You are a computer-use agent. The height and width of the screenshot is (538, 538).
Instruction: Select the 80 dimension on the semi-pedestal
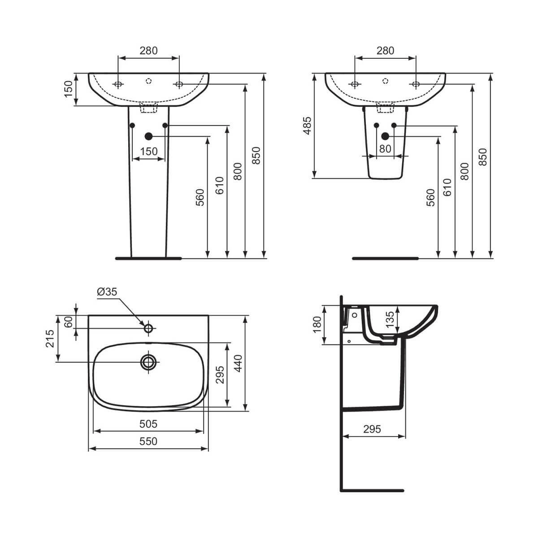click(x=385, y=149)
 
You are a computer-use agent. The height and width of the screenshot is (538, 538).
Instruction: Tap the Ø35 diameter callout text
click(x=107, y=291)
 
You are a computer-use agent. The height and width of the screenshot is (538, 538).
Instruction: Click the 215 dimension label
click(x=50, y=338)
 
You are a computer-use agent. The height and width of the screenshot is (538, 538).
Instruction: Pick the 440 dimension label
click(x=238, y=363)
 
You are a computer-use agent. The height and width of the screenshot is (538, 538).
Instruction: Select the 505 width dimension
click(x=148, y=424)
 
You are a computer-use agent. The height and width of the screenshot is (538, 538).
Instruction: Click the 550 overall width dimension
click(x=148, y=442)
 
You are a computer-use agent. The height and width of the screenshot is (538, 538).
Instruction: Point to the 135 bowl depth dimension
click(x=390, y=317)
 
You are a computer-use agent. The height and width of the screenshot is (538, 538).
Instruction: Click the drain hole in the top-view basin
click(x=148, y=362)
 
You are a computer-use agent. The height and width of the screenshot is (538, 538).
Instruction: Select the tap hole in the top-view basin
click(x=148, y=329)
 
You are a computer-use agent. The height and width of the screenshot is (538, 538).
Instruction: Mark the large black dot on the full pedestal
click(x=148, y=136)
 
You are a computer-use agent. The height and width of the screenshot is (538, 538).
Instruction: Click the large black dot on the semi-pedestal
click(x=385, y=136)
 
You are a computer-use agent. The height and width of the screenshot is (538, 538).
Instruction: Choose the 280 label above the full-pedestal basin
click(x=148, y=51)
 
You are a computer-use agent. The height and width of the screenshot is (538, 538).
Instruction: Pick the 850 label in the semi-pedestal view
click(x=482, y=157)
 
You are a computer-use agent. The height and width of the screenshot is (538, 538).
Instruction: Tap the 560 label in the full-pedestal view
click(x=200, y=197)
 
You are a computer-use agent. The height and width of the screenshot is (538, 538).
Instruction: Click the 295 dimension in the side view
click(x=372, y=429)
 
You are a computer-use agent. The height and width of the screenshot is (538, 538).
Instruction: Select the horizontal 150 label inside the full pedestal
click(x=148, y=152)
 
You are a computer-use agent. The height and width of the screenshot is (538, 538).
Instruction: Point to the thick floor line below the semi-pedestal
click(x=385, y=258)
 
